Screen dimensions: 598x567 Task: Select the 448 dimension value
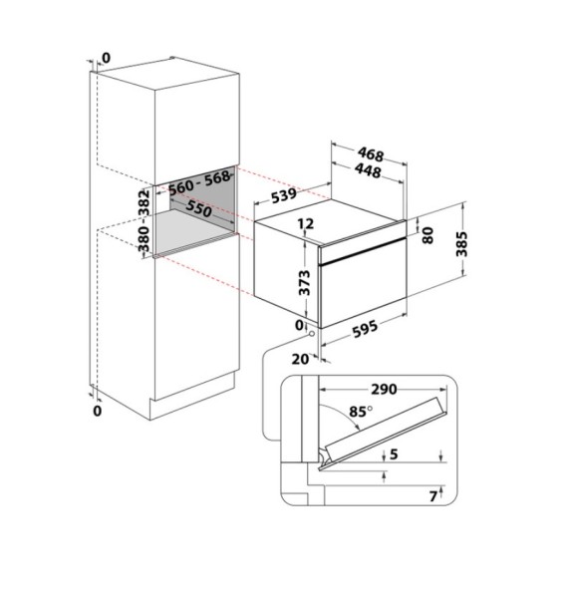(372, 170)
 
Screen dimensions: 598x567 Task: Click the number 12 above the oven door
(306, 225)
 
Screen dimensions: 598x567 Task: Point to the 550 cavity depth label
(198, 210)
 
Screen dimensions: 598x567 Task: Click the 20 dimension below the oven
(298, 359)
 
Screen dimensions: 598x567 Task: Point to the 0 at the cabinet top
(107, 58)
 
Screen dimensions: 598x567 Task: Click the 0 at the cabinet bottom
(97, 410)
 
